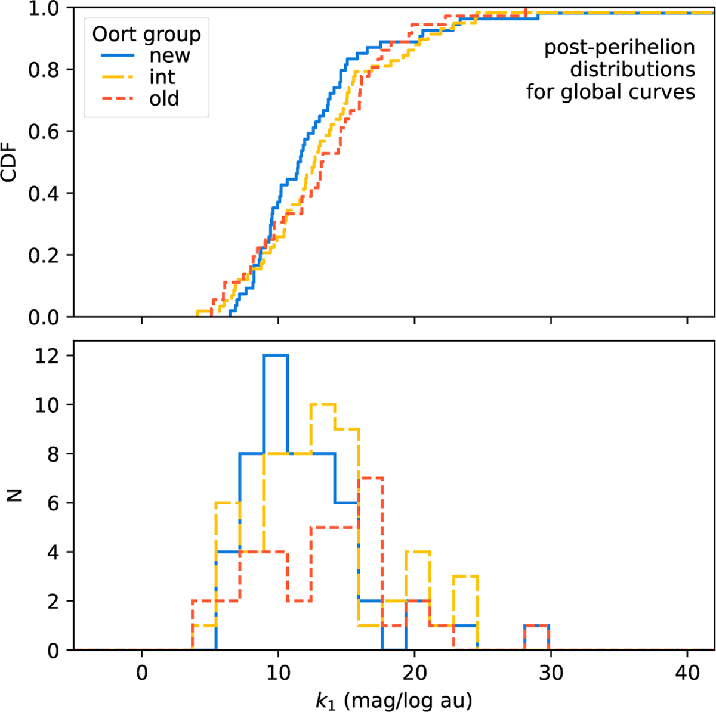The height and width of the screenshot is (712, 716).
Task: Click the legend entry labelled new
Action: pos(169,55)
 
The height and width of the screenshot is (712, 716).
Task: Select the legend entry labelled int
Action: pos(162,77)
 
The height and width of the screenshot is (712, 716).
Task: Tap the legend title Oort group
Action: pos(146,34)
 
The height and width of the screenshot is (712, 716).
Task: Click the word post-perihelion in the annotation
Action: pos(619,48)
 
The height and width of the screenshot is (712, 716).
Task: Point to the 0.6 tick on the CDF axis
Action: pos(44,131)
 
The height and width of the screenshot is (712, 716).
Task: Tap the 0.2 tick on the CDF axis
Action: pos(44,255)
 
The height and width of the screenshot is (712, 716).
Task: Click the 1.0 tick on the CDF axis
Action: pos(44,8)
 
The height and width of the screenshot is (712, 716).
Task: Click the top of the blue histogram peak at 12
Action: pos(275,355)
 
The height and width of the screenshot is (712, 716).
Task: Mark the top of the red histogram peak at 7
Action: pos(370,478)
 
